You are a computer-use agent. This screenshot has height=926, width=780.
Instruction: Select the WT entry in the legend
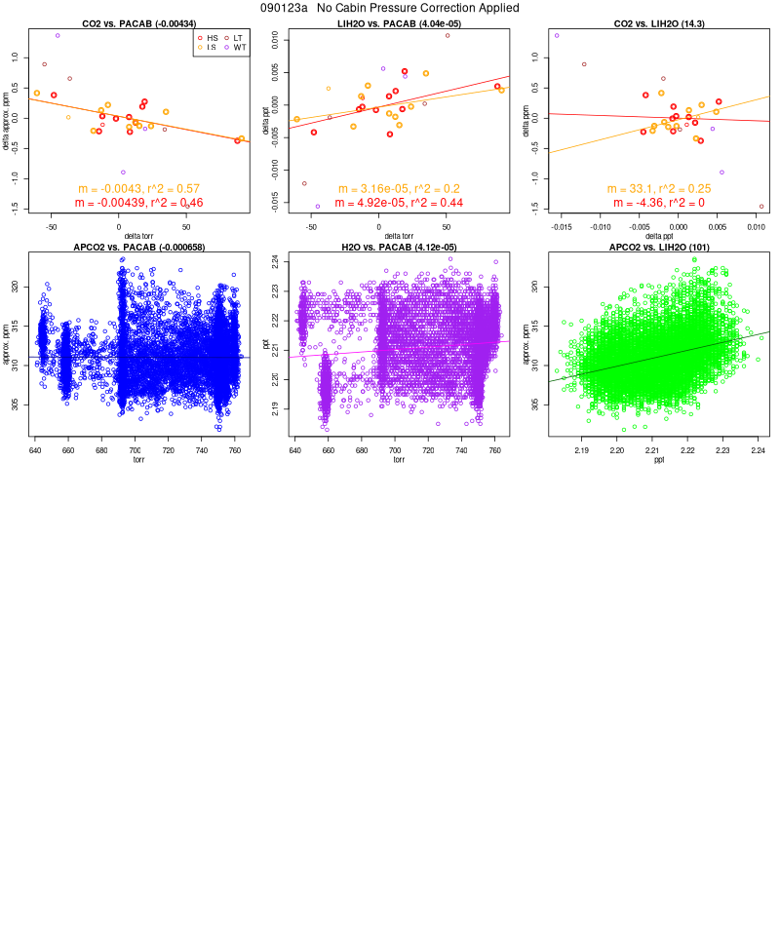coord(239,47)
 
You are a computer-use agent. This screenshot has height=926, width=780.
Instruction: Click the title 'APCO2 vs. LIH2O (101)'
coord(659,246)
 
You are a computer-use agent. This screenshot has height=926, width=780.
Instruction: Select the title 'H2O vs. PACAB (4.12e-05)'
coord(399,246)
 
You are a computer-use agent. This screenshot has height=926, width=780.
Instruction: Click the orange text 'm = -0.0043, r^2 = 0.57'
coord(138,189)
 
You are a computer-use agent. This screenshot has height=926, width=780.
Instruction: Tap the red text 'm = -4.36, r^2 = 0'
coord(659,203)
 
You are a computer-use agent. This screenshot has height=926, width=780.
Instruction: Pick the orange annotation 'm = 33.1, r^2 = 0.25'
coord(659,189)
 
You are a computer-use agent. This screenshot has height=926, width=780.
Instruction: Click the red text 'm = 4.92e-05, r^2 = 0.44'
coord(399,203)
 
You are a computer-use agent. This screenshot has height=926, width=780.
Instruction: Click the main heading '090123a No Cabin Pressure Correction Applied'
coord(390,8)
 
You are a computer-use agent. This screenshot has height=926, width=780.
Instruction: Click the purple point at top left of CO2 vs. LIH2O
coord(557,36)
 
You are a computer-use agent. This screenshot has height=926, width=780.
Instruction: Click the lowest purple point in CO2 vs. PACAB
coord(123,173)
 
